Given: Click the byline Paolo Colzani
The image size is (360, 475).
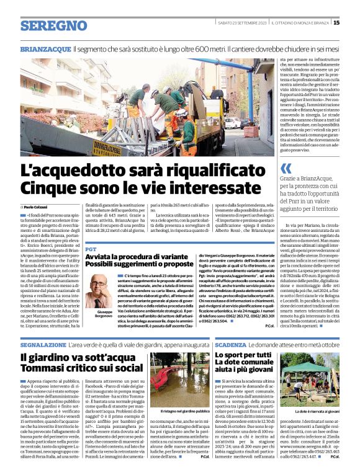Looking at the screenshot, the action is point(38,206).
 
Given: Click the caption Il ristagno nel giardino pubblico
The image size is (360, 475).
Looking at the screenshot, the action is point(181,411).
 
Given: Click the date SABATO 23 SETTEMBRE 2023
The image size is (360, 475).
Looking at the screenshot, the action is point(245,23).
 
